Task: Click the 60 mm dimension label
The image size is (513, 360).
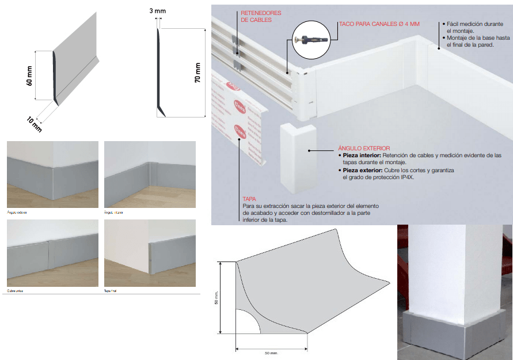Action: (x=29, y=75)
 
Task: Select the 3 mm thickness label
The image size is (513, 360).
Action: (x=158, y=11)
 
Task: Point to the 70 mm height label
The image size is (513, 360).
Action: (x=198, y=73)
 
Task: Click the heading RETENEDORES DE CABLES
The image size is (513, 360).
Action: (x=256, y=16)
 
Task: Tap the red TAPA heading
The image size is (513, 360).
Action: (x=249, y=199)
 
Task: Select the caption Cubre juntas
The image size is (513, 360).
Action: (x=16, y=291)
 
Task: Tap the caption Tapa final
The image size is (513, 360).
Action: (x=112, y=291)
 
